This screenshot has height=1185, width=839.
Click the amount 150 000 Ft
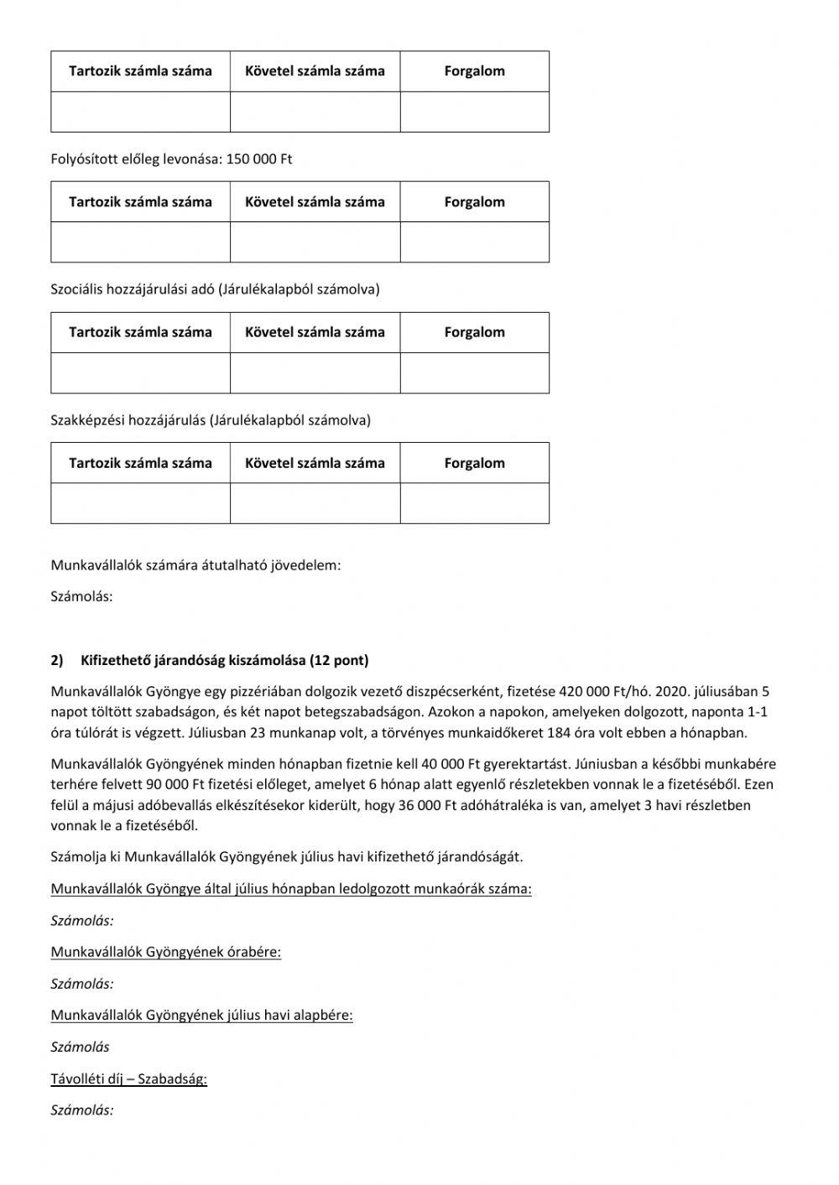coord(259,159)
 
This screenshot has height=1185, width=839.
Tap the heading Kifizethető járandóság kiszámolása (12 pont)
coord(224,660)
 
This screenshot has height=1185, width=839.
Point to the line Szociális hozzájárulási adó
coord(215,289)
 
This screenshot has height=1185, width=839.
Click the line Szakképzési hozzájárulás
coord(210,420)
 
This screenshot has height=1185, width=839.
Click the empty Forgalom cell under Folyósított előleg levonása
coord(474,242)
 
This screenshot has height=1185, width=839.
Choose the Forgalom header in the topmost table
coord(474,71)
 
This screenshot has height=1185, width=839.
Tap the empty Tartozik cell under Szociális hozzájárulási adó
coord(140,373)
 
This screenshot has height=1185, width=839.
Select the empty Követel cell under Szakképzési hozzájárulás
coord(315,503)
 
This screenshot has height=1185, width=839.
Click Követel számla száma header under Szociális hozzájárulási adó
coord(315,332)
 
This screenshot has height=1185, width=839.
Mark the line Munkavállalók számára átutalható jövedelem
coord(195,565)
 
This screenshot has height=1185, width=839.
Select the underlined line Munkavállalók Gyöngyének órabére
coord(165,952)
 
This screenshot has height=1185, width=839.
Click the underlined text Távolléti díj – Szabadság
coord(128,1078)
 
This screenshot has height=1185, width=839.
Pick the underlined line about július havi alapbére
coord(201,1016)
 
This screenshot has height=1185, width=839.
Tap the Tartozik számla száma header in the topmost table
coord(140,71)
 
